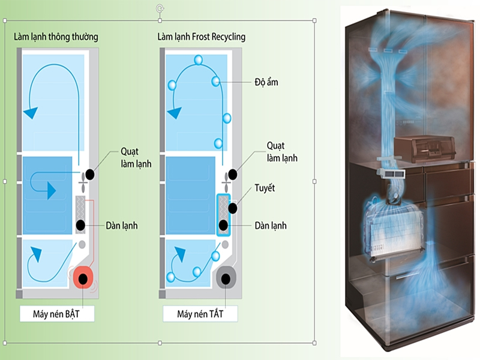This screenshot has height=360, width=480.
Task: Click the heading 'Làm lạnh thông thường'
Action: tap(56, 37)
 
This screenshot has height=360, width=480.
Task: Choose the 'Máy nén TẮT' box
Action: tap(200, 314)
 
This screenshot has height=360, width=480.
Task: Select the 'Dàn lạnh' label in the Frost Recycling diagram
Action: tap(270, 226)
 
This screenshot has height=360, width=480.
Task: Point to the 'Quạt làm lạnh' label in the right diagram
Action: tap(282, 152)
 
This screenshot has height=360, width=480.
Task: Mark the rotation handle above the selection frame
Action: tap(159, 8)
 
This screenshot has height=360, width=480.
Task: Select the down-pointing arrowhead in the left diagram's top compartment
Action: tap(30, 112)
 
